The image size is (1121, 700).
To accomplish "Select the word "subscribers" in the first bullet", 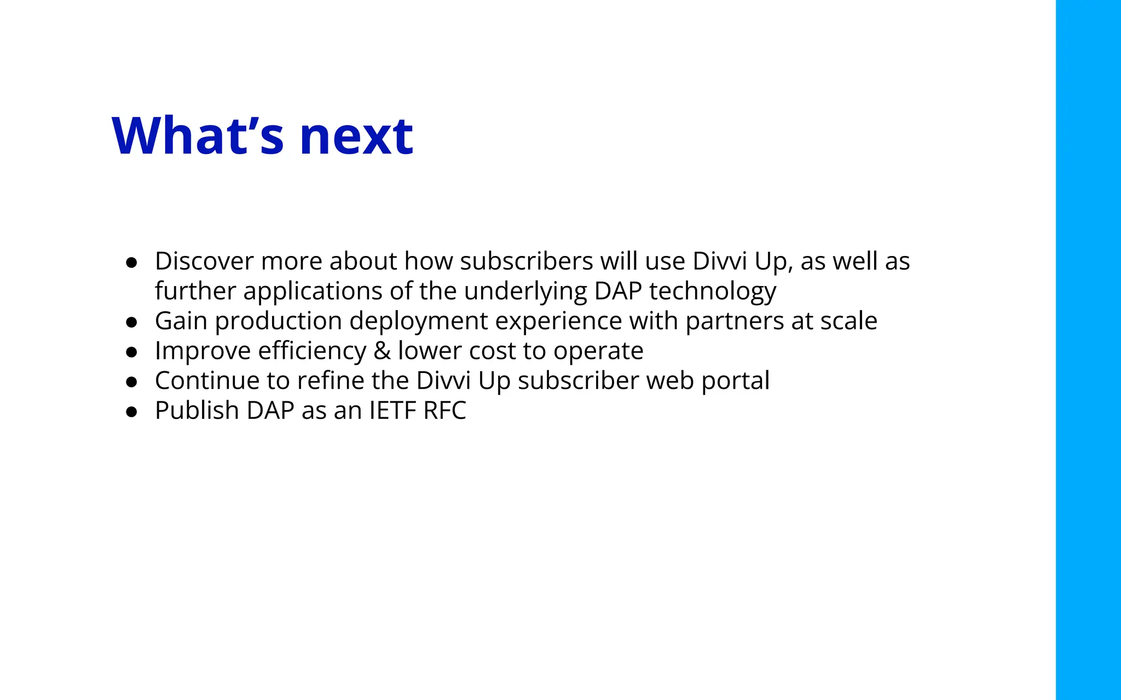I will click(x=526, y=261).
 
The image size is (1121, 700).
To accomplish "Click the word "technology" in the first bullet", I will click(x=712, y=291).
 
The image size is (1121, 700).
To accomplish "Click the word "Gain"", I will click(x=181, y=321).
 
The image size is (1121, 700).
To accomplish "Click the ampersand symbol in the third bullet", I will click(x=382, y=351).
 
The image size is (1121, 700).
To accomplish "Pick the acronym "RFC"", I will click(x=444, y=411).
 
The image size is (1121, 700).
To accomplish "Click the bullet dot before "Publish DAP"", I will click(x=131, y=412).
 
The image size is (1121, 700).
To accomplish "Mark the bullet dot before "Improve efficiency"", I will click(x=131, y=353).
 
